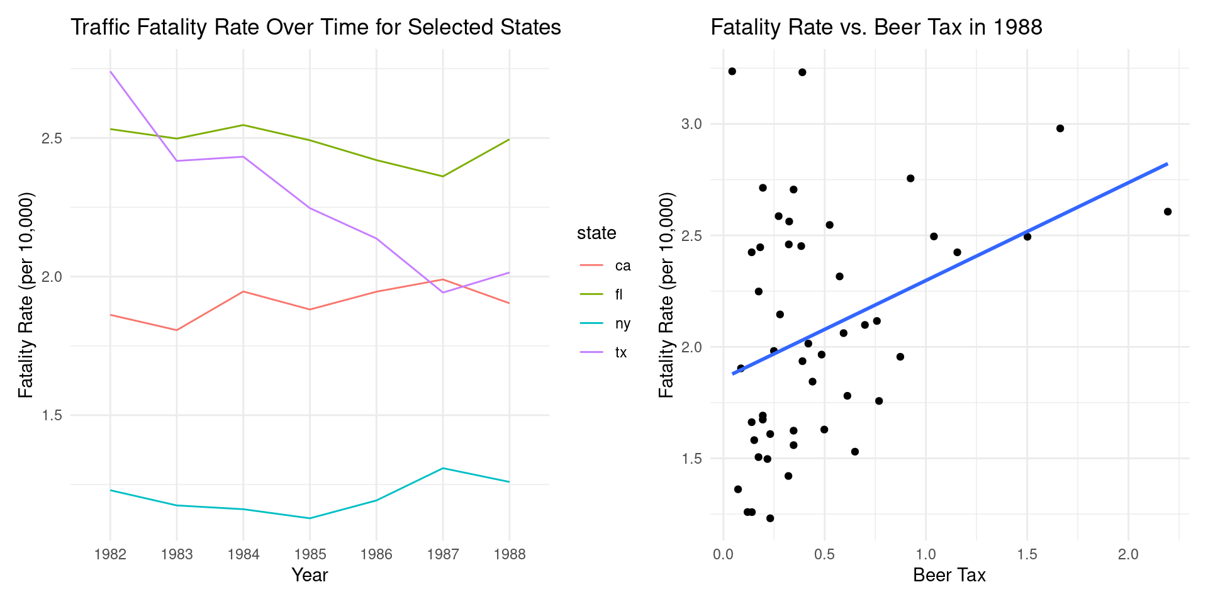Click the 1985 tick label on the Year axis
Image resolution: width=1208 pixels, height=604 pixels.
point(310,554)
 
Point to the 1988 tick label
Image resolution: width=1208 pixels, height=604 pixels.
point(509,554)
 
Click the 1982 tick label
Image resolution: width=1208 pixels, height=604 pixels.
point(110,554)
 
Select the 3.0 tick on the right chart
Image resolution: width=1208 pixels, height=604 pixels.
point(691,124)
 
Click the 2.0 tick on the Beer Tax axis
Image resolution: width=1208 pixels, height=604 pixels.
point(1128,554)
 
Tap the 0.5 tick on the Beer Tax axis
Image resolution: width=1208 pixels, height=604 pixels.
point(824,554)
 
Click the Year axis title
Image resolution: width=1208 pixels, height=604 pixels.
point(310,575)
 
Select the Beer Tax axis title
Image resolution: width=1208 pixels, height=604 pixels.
point(949,575)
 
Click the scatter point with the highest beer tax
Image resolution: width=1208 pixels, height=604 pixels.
point(1168,212)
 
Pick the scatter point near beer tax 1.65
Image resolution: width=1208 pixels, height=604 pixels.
point(1060,128)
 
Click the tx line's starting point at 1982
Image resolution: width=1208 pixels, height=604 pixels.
point(111,72)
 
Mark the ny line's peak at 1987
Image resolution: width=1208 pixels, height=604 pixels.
point(443,468)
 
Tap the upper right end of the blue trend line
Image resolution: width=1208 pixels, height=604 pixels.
point(1167,164)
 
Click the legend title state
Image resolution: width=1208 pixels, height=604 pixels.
point(596,233)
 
